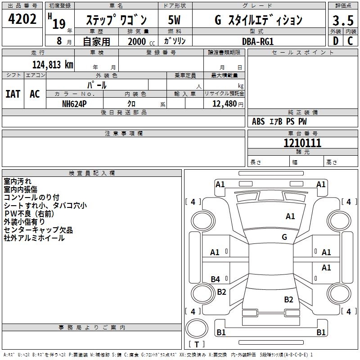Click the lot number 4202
[x=22, y=19]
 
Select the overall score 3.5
[x=343, y=21]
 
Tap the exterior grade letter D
[x=335, y=40]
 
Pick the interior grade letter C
[x=350, y=40]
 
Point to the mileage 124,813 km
[x=53, y=65]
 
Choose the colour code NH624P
[x=74, y=103]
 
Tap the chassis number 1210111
[x=302, y=143]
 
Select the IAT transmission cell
[x=13, y=94]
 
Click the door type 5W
[x=174, y=20]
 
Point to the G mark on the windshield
[x=284, y=237]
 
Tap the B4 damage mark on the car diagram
[x=216, y=279]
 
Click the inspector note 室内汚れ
[x=18, y=181]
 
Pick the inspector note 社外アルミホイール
[x=34, y=238]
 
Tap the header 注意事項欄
[x=123, y=134]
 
